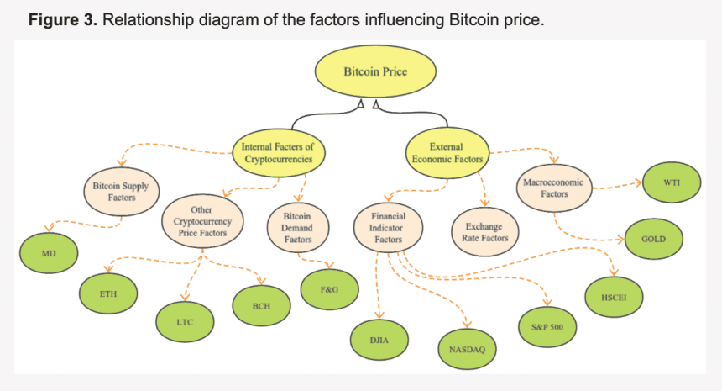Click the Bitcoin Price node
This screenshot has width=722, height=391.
(375, 72)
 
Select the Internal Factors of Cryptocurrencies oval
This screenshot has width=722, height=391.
(279, 152)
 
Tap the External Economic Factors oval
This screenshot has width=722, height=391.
(445, 152)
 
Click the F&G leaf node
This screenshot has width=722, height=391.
(330, 289)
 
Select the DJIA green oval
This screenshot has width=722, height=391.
(379, 339)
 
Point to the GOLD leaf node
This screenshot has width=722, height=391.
(653, 239)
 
